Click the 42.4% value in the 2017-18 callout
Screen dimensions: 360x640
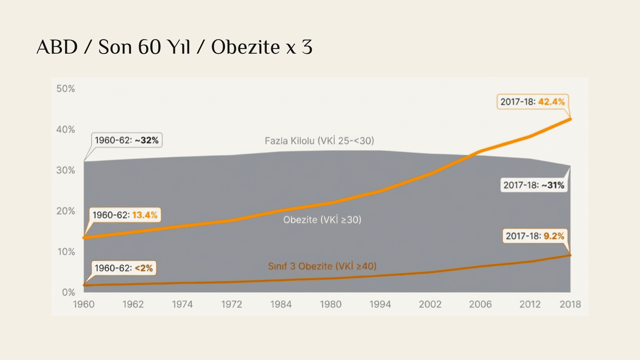(x=551, y=102)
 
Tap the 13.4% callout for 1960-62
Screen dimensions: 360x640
(x=125, y=215)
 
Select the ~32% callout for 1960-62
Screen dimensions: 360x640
(x=127, y=140)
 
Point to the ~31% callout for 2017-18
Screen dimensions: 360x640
(x=534, y=185)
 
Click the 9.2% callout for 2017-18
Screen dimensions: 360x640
(x=535, y=236)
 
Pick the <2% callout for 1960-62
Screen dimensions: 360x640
(x=124, y=268)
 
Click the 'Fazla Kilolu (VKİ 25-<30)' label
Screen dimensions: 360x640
(x=319, y=141)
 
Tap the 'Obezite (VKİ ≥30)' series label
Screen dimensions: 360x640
(x=322, y=220)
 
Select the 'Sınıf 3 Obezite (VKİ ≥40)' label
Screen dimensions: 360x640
(x=322, y=266)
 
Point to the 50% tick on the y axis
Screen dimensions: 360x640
(x=66, y=89)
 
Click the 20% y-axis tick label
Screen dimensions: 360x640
(x=66, y=211)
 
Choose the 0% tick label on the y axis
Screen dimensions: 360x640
(x=68, y=292)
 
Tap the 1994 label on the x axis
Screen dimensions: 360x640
(x=380, y=304)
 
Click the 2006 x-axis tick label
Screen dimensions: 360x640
(x=480, y=304)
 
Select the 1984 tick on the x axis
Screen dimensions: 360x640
(x=281, y=304)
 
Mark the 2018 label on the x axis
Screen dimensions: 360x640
(x=570, y=304)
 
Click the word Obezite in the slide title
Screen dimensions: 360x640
(x=245, y=47)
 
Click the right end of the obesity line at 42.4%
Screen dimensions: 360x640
(x=570, y=119)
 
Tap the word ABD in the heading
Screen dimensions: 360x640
(x=57, y=47)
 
